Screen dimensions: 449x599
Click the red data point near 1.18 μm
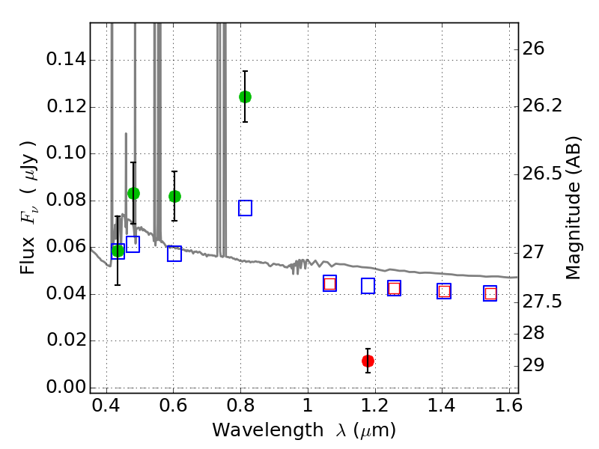(x=368, y=361)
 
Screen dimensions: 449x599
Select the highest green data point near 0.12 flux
(x=245, y=97)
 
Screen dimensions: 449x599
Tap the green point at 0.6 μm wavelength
(x=174, y=196)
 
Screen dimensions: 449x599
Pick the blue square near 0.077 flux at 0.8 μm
(x=245, y=208)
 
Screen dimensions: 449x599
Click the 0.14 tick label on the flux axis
(x=65, y=61)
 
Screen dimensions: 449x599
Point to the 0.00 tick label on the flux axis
(x=65, y=388)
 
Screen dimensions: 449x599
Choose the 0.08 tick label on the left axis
(x=65, y=201)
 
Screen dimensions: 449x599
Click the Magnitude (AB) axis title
(x=574, y=207)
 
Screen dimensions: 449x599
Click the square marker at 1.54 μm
(x=490, y=293)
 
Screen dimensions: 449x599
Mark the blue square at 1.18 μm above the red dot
(x=368, y=286)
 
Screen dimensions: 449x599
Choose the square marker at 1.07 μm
(x=329, y=284)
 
